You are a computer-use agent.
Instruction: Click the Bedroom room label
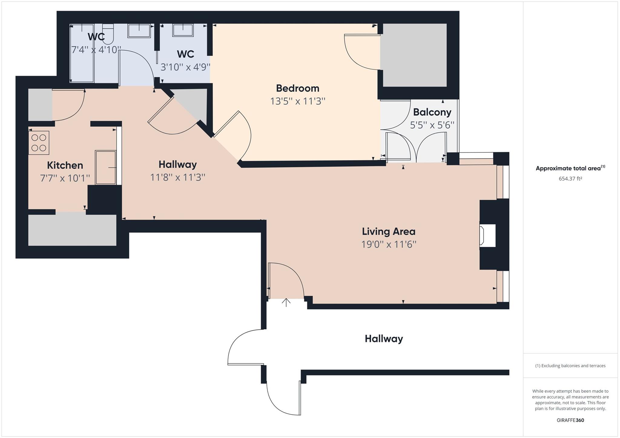(x=298, y=88)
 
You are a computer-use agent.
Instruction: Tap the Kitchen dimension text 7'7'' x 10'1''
(x=65, y=178)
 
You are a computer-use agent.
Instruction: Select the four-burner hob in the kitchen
(x=39, y=143)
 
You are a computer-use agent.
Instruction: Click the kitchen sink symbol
(x=105, y=167)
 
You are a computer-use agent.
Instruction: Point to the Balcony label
(x=432, y=112)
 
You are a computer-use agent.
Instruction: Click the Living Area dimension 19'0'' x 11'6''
(x=389, y=244)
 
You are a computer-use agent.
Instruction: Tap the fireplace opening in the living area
(x=487, y=235)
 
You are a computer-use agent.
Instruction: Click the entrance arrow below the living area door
(x=286, y=302)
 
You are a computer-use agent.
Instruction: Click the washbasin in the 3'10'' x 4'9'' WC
(x=183, y=30)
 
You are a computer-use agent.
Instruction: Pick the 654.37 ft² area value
(x=570, y=178)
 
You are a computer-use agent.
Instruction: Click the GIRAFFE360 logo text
(x=570, y=420)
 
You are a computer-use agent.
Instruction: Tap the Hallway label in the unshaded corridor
(x=384, y=339)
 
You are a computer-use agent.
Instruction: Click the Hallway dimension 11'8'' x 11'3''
(x=178, y=177)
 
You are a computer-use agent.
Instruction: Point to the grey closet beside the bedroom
(x=413, y=55)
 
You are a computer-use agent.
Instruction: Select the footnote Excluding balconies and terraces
(x=570, y=366)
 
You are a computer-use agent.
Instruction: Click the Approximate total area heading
(x=570, y=168)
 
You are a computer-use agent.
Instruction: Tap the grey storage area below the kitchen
(x=72, y=230)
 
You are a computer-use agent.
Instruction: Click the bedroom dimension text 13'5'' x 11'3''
(x=298, y=101)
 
